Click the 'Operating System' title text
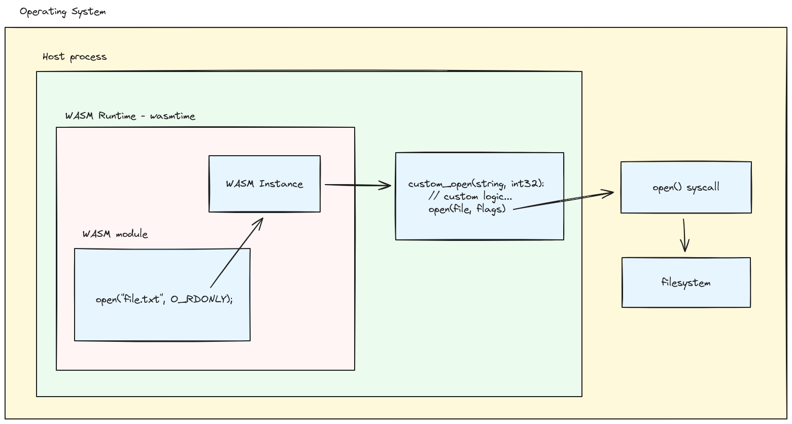tap(62, 12)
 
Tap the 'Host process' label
tap(75, 57)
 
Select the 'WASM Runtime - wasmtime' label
tap(130, 116)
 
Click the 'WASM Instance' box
tap(264, 184)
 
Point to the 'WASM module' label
tap(115, 234)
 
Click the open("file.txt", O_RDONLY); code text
tap(164, 299)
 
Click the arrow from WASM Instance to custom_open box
tap(357, 185)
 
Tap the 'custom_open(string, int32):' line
tap(476, 184)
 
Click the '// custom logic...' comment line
tap(470, 196)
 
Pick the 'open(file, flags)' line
tap(467, 208)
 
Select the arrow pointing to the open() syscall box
tap(563, 200)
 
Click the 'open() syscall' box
tap(686, 188)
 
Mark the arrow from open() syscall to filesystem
tap(684, 235)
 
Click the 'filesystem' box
tap(686, 282)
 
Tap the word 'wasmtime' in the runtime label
tap(173, 116)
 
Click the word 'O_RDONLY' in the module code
tap(200, 299)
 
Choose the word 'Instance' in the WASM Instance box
tap(281, 184)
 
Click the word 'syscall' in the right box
tap(703, 188)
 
